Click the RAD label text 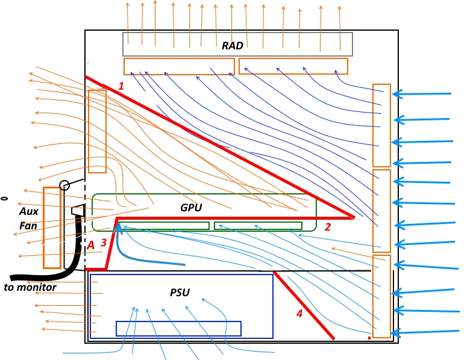pyautogui.click(x=233, y=46)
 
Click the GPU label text pyautogui.click(x=191, y=208)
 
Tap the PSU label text pyautogui.click(x=180, y=293)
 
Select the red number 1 pyautogui.click(x=121, y=86)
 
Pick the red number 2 pyautogui.click(x=327, y=227)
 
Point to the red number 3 pyautogui.click(x=104, y=243)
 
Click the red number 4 pyautogui.click(x=299, y=314)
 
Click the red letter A pyautogui.click(x=90, y=245)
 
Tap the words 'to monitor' pyautogui.click(x=30, y=287)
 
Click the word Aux pyautogui.click(x=28, y=211)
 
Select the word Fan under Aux pyautogui.click(x=28, y=226)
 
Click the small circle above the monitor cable pyautogui.click(x=64, y=185)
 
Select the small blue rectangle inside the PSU pyautogui.click(x=178, y=329)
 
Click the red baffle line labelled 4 pyautogui.click(x=304, y=305)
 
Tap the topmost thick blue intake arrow pyautogui.click(x=422, y=94)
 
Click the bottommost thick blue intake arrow pyautogui.click(x=425, y=332)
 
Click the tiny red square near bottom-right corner pyautogui.click(x=369, y=338)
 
